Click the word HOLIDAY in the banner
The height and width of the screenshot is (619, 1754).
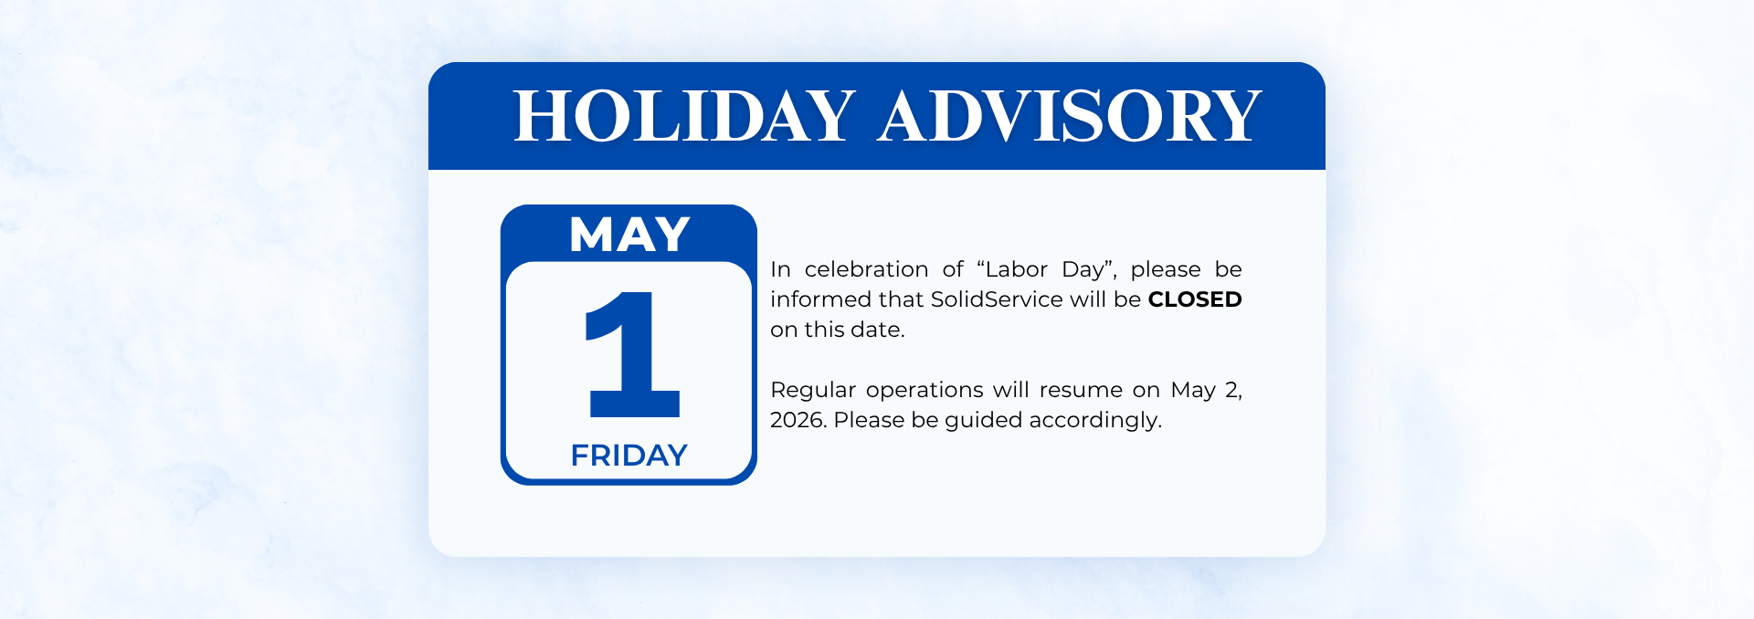click(x=684, y=117)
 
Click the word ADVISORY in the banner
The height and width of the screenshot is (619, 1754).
click(x=1069, y=117)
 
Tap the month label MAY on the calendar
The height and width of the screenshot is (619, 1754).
click(x=629, y=235)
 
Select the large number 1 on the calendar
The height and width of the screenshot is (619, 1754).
click(x=632, y=354)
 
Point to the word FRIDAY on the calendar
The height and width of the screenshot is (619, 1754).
click(x=629, y=455)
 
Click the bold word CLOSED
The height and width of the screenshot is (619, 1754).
click(x=1195, y=299)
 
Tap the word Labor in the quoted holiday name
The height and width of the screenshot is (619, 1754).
click(x=1017, y=269)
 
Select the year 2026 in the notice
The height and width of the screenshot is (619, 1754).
click(x=798, y=420)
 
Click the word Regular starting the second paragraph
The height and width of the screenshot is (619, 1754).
click(x=813, y=391)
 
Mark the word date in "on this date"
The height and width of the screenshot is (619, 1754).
click(x=877, y=330)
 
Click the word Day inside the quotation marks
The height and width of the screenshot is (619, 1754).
click(x=1083, y=270)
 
